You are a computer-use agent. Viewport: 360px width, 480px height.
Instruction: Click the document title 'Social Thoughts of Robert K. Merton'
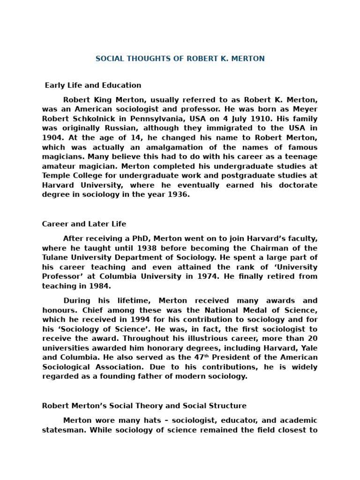coord(180,59)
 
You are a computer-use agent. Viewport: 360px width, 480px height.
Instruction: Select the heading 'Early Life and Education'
coord(93,85)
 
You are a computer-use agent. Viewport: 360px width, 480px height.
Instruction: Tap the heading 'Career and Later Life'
coord(84,224)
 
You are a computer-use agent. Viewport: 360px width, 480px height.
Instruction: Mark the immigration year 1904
coord(53,138)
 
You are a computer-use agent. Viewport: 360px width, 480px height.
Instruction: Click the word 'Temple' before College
coord(56,176)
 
